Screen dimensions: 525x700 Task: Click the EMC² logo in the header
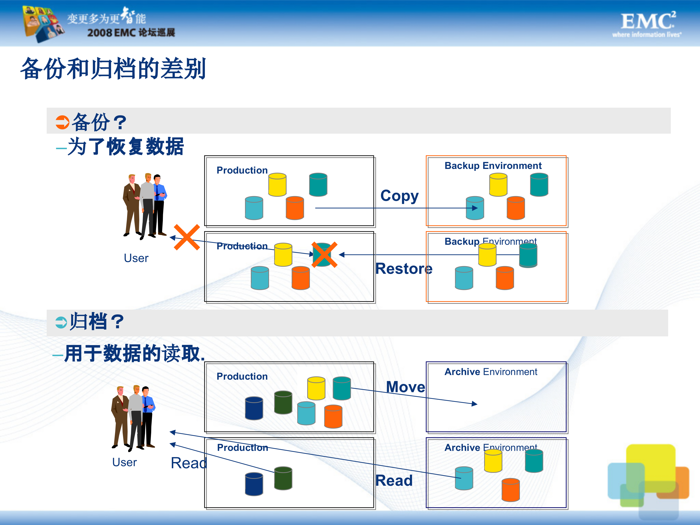[647, 24]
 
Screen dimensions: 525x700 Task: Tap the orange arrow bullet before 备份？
[62, 122]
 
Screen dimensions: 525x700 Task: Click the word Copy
[399, 196]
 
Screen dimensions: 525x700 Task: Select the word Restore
[404, 269]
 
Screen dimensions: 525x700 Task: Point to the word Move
[405, 387]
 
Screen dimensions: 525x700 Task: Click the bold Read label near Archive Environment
[394, 480]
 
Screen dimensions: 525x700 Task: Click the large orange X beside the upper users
[187, 237]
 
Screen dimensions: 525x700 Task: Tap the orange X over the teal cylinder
[324, 255]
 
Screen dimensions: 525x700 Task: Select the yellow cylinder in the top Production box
[277, 184]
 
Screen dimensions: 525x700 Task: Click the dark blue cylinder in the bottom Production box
[254, 484]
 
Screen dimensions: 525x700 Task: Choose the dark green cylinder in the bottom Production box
[283, 478]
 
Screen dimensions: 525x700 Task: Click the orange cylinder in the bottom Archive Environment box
[510, 490]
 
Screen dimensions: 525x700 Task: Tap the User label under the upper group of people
[136, 258]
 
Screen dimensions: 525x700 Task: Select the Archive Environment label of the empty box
[491, 372]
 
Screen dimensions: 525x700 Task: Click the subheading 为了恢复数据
[125, 147]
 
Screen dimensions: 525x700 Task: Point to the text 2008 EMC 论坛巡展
[131, 33]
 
